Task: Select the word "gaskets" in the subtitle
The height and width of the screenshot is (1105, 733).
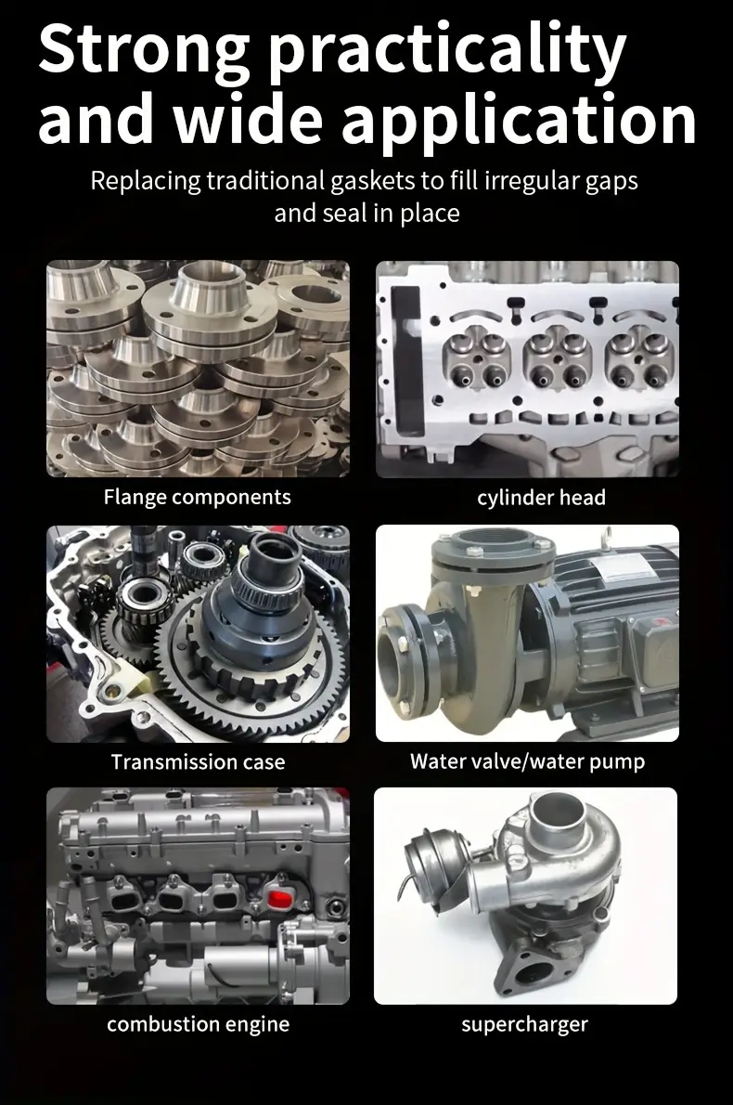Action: click(372, 182)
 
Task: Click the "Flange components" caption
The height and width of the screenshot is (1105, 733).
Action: click(197, 498)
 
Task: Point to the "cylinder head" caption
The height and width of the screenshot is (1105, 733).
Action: click(542, 498)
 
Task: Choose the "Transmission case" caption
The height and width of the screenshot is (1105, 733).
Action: click(198, 761)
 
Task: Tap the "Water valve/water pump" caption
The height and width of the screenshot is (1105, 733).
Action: click(527, 761)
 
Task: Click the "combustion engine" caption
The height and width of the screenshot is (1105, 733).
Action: click(198, 1024)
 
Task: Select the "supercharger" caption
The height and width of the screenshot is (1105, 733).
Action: click(524, 1024)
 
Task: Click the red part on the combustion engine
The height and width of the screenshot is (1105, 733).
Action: click(279, 899)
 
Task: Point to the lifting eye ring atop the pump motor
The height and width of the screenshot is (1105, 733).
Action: click(604, 538)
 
